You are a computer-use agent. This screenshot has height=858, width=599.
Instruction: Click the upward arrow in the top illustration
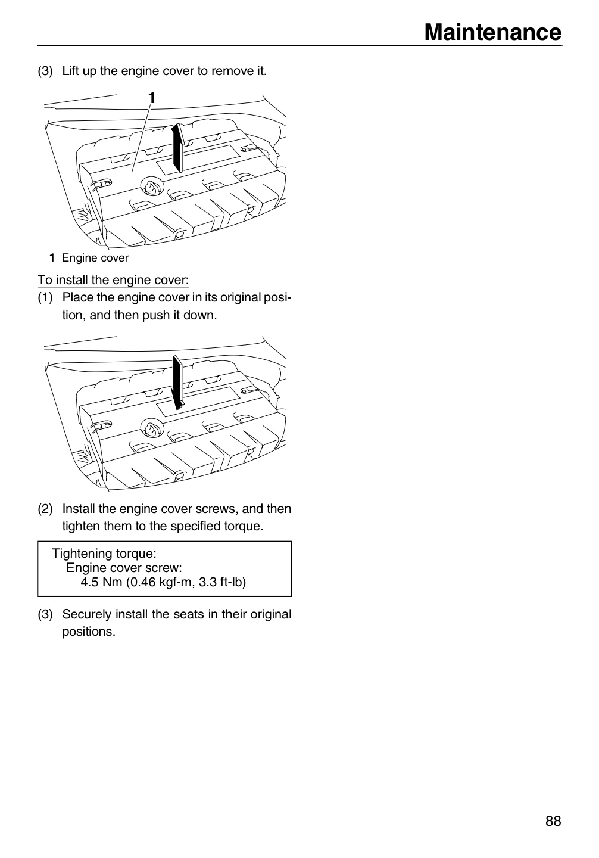coord(177,148)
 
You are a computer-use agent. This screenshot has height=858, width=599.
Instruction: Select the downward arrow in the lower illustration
coord(178,383)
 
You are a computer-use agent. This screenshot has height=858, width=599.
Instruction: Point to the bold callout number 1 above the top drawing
coord(152,98)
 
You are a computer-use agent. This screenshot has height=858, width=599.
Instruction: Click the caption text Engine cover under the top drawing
coord(95,258)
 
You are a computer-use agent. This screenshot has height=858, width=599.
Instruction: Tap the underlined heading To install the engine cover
coord(113,280)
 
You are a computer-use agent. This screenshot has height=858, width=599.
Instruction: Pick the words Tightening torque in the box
coord(104,554)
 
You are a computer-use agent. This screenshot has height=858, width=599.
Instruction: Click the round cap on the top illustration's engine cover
coord(152,187)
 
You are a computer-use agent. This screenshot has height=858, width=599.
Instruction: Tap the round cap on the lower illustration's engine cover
coord(152,428)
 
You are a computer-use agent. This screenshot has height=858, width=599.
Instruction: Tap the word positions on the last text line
coord(89,632)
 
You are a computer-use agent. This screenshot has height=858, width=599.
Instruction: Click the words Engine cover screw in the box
coord(124,568)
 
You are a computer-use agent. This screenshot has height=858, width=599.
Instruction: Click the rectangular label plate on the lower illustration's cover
coord(198,401)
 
